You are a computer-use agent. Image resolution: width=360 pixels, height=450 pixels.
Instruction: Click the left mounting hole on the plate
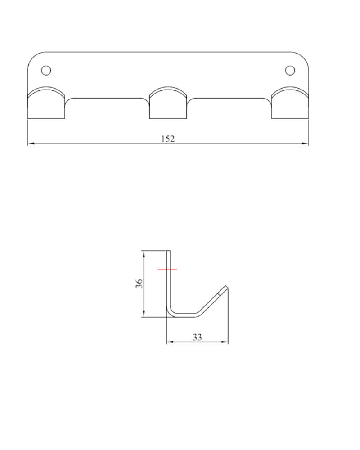tap(46, 70)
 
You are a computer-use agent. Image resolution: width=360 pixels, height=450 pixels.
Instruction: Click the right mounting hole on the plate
tap(290, 70)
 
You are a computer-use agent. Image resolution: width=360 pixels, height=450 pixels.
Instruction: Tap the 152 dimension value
tap(168, 139)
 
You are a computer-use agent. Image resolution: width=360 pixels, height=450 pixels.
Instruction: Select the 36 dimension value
tap(139, 283)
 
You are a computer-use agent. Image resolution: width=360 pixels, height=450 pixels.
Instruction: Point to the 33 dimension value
tap(197, 337)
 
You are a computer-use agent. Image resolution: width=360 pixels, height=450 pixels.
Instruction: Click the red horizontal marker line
tap(167, 269)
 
